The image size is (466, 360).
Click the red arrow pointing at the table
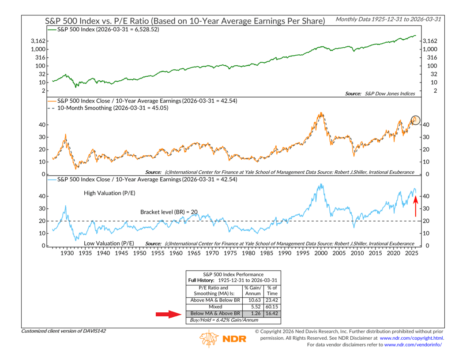169,315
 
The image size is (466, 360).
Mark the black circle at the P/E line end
415,120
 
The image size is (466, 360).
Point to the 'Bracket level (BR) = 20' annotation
169,212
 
